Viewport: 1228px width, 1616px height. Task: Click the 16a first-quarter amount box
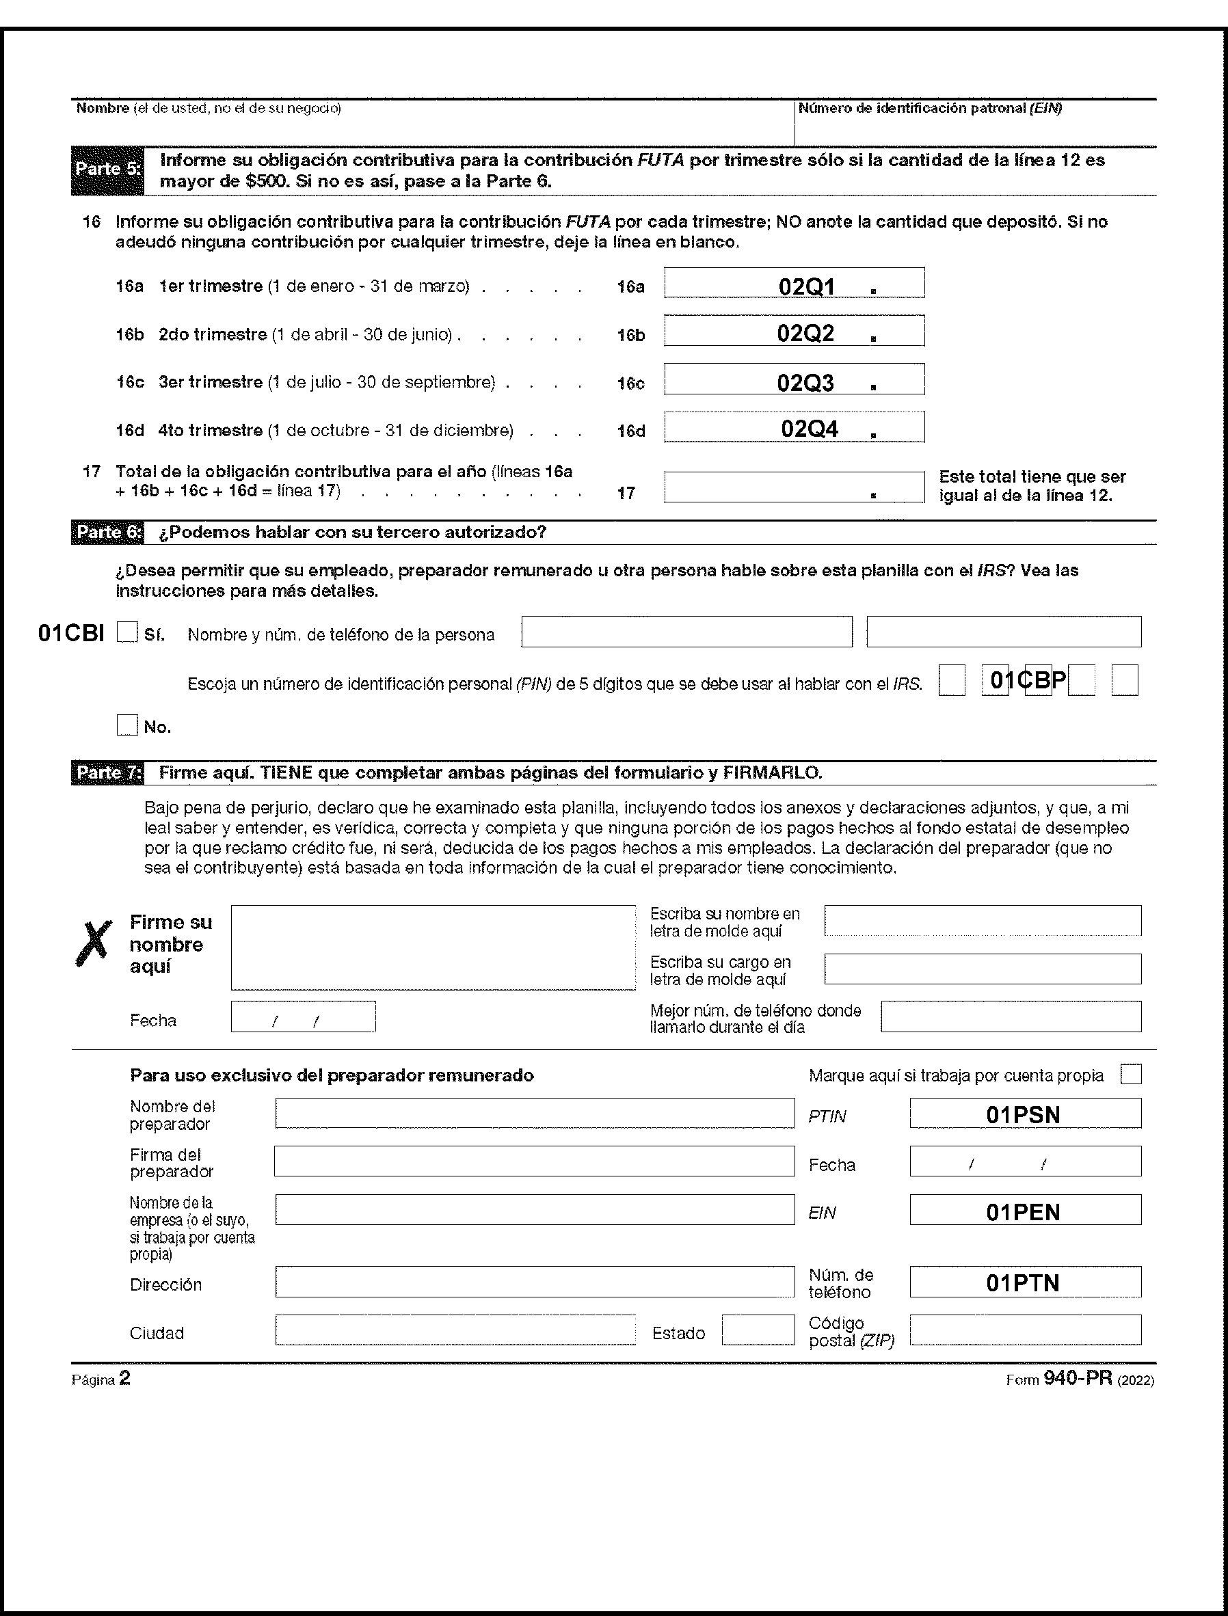[x=794, y=283]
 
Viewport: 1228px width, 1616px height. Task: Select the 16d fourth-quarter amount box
[x=794, y=427]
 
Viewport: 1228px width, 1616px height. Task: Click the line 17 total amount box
[x=794, y=487]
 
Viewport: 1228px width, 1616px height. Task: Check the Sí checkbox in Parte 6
[x=127, y=632]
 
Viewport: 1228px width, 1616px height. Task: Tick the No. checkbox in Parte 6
[x=127, y=725]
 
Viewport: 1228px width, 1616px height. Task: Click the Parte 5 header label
[x=107, y=170]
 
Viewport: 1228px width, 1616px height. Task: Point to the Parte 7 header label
[x=107, y=772]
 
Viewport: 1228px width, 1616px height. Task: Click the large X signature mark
[x=94, y=943]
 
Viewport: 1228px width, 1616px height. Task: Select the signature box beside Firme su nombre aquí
[x=433, y=947]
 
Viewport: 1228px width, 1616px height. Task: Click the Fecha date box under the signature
[x=304, y=1016]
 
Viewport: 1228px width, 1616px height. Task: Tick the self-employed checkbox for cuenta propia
[x=1131, y=1075]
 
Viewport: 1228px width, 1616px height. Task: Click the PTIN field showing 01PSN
[x=1025, y=1114]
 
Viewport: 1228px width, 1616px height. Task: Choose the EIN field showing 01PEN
[x=1025, y=1211]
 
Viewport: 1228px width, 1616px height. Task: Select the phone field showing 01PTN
[x=1025, y=1282]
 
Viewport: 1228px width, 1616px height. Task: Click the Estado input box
[x=758, y=1330]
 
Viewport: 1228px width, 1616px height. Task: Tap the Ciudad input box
[x=455, y=1330]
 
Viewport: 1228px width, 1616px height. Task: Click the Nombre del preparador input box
[x=534, y=1113]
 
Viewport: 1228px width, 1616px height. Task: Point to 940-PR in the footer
[x=1078, y=1379]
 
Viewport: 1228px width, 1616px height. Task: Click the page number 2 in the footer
[x=125, y=1379]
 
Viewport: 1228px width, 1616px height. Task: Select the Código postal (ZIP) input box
[x=1025, y=1330]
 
